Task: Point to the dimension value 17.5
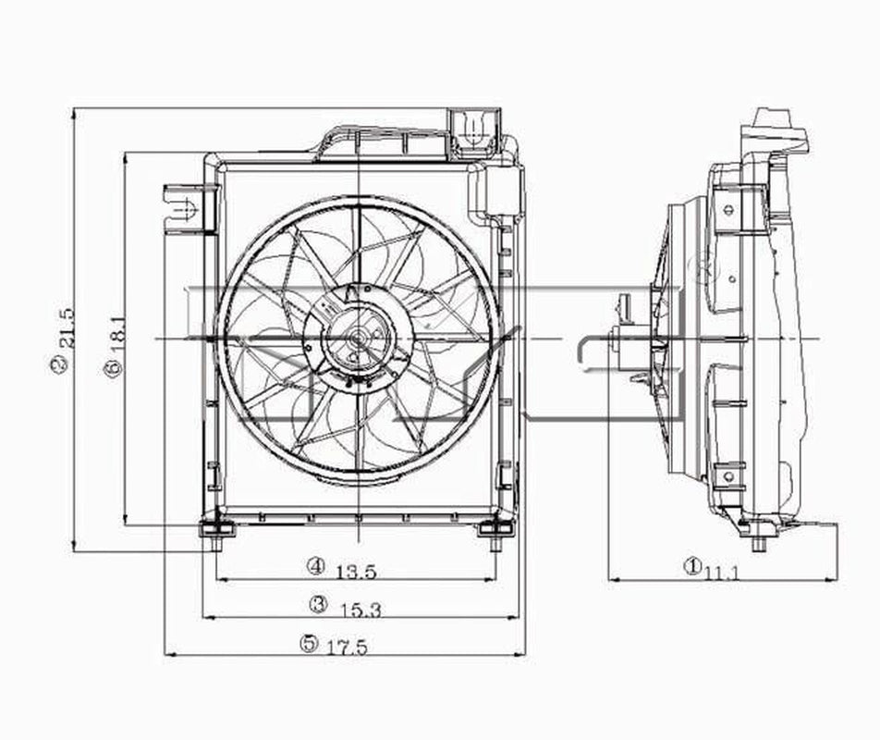tap(347, 647)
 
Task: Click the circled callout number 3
tap(319, 604)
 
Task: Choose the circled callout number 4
tap(317, 565)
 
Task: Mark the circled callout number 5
tap(308, 643)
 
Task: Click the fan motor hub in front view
tap(356, 339)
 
